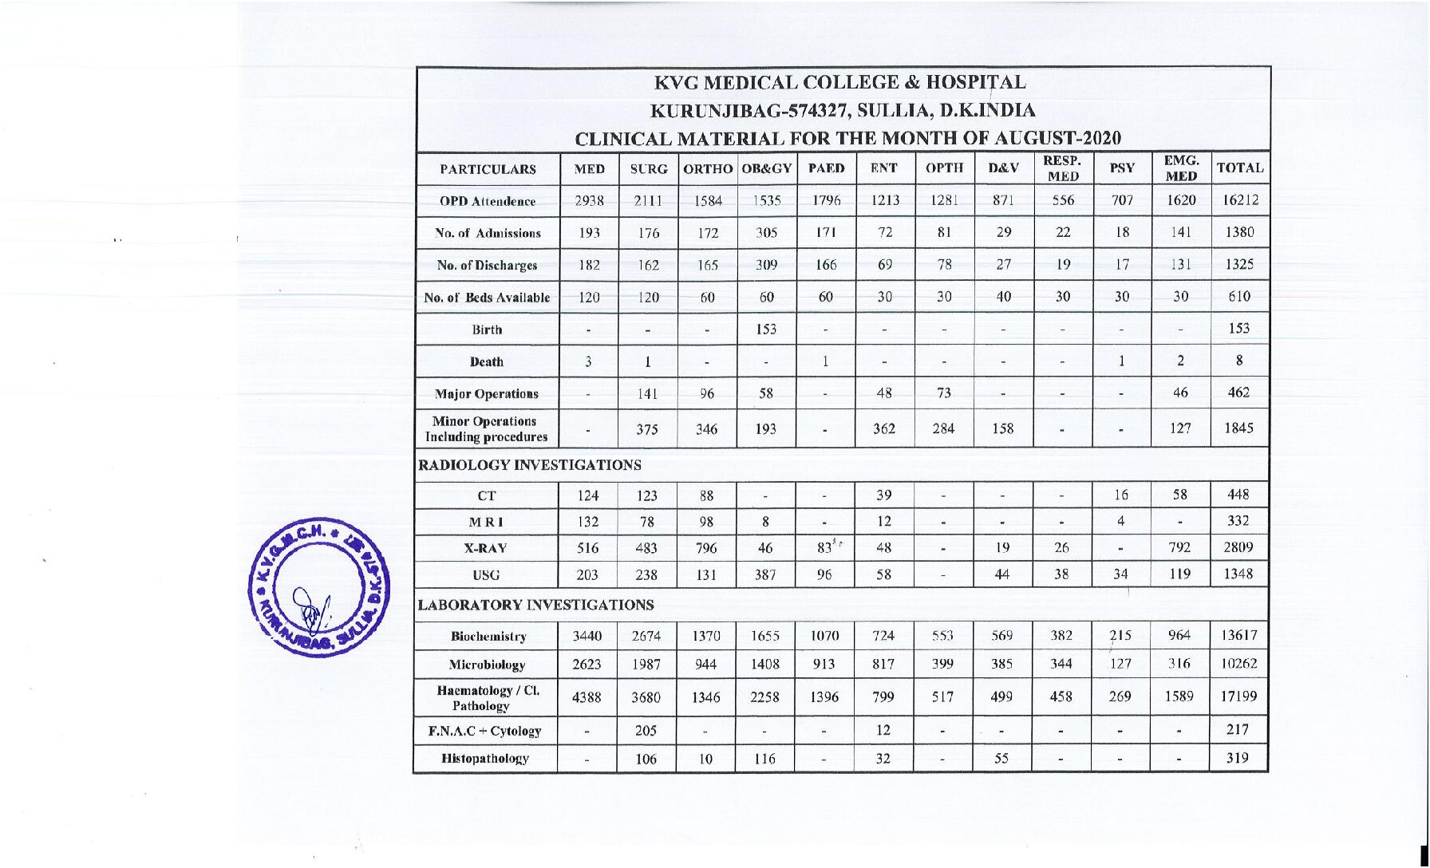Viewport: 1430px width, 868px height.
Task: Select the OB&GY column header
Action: pos(766,169)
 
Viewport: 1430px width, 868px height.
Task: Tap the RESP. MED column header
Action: pos(1062,169)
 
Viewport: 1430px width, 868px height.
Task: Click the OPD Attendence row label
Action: pos(487,202)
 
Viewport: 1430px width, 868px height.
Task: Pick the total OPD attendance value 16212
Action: pos(1239,200)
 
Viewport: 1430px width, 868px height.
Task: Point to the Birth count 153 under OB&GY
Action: pos(766,329)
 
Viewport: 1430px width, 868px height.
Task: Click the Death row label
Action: pos(487,361)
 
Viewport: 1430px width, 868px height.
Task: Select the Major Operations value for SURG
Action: pos(647,393)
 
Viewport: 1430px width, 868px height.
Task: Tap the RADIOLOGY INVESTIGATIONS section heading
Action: pos(530,465)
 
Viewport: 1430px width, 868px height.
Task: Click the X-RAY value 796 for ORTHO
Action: pos(706,548)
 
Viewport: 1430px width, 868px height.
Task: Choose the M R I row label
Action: pos(487,522)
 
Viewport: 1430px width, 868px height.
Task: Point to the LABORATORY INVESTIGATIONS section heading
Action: pos(535,606)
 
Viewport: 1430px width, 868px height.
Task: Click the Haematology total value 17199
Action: pos(1238,696)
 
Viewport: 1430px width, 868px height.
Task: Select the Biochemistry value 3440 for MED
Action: pos(588,637)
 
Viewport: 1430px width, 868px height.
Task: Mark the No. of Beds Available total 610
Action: pos(1239,297)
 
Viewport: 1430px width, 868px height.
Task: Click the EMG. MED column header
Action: pos(1181,169)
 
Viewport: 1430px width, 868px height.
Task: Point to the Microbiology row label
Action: pos(487,665)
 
